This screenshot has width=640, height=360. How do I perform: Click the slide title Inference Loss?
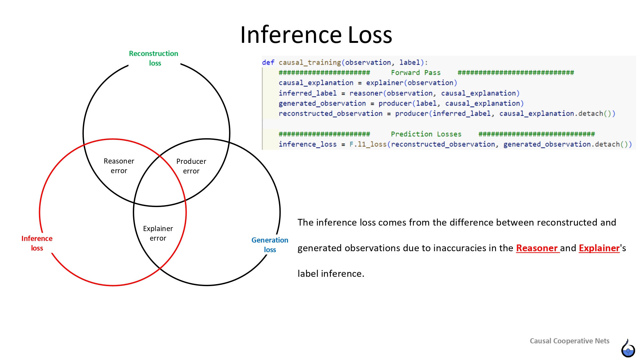316,35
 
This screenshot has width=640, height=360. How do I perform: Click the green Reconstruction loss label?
154,58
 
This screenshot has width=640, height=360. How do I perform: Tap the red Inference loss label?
37,243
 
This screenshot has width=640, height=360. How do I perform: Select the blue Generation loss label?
270,245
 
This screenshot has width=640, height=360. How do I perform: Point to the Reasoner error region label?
119,166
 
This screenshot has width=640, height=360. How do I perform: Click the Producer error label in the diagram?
191,166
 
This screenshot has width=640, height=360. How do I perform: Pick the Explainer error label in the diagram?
158,233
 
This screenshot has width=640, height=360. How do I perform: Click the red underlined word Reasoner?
537,248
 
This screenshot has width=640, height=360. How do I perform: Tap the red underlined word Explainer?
599,248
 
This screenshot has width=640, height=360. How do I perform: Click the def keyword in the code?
268,62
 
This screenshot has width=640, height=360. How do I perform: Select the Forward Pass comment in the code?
415,73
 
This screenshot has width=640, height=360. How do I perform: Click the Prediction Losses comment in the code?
426,134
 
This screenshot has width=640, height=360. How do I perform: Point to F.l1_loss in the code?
368,144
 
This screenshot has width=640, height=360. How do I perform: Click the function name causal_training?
309,62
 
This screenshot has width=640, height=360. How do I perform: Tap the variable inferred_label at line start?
307,93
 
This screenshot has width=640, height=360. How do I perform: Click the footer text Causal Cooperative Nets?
569,341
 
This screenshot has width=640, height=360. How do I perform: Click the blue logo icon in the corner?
628,348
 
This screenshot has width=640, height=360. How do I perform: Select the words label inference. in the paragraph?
331,274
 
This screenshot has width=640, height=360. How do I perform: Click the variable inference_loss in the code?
307,144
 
